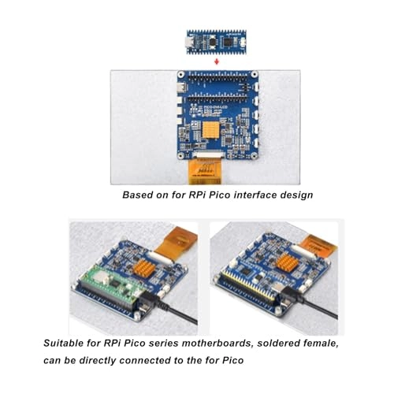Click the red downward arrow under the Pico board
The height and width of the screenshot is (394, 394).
216,60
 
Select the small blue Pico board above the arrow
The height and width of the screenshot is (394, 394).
216,41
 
